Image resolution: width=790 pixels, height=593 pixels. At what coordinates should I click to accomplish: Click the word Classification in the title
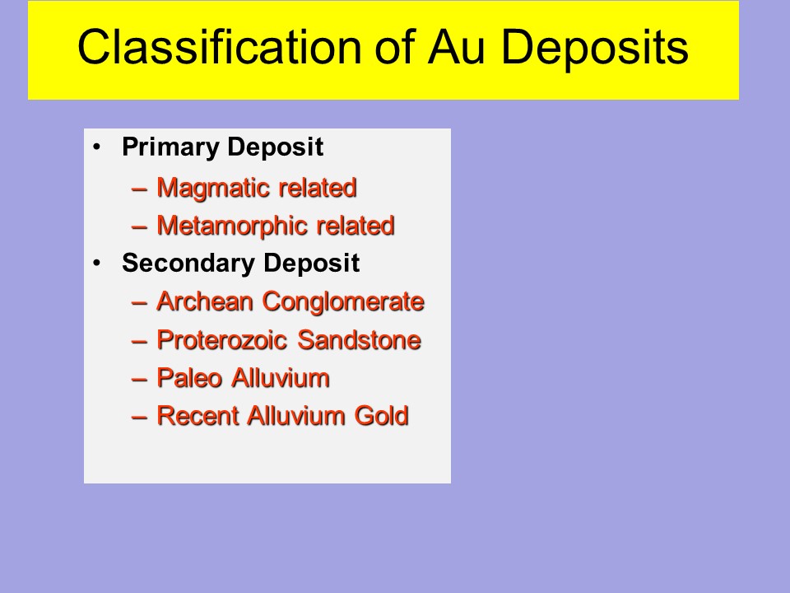tap(220, 46)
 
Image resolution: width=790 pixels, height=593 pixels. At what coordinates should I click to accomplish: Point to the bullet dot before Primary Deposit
tap(97, 147)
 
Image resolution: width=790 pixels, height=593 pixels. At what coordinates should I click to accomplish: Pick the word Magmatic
tap(214, 188)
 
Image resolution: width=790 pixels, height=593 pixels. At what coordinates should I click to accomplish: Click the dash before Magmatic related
tap(139, 189)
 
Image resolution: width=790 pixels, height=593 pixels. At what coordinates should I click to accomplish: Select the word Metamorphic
tap(232, 226)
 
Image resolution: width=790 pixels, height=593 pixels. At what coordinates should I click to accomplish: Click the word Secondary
tap(188, 263)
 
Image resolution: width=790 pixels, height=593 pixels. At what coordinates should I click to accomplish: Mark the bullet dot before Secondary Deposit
tap(97, 263)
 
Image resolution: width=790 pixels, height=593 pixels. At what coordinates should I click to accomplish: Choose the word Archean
tap(205, 301)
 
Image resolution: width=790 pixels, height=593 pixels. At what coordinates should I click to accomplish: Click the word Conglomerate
tap(343, 301)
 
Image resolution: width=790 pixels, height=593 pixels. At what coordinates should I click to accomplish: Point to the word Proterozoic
tap(222, 340)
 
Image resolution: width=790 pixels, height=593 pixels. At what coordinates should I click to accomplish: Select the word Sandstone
tap(360, 340)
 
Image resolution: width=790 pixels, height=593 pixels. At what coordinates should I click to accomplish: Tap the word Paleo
tap(189, 378)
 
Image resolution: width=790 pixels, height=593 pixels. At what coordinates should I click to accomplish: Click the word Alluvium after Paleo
tap(281, 378)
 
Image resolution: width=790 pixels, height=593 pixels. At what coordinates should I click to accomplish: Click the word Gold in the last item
tap(381, 416)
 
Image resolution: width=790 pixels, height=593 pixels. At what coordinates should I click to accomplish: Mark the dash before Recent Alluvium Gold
tap(139, 418)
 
